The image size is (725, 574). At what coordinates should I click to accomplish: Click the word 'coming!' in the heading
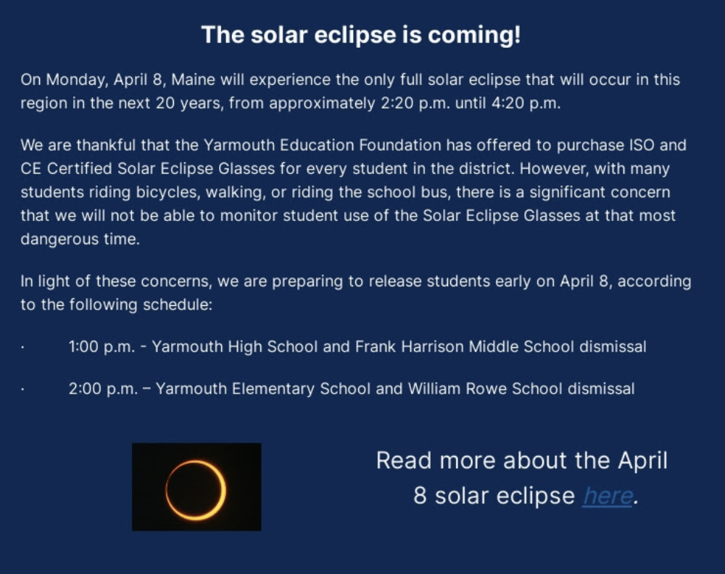474,36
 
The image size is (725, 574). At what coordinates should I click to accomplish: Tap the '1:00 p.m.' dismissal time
101,347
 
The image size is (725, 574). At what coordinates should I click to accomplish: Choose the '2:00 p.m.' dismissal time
104,389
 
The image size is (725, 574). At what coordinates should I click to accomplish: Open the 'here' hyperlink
608,496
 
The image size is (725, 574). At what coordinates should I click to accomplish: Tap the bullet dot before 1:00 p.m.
22,348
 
